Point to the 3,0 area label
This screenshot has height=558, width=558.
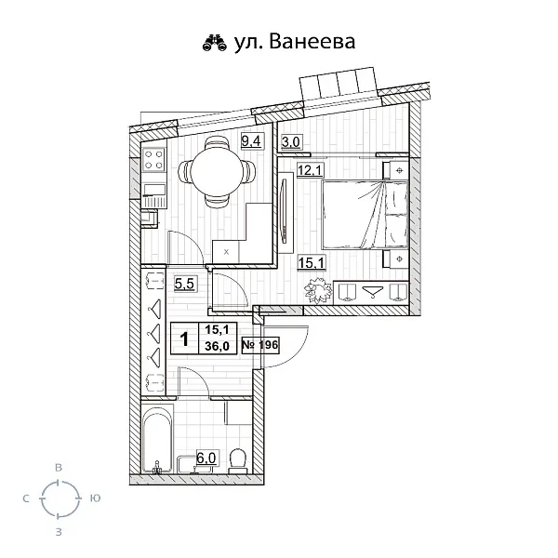click(290, 142)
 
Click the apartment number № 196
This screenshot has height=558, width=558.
click(260, 344)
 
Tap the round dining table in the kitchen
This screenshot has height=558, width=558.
click(217, 170)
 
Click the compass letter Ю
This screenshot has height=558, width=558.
click(96, 498)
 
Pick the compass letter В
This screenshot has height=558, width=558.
click(59, 465)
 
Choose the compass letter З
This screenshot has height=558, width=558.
click(59, 532)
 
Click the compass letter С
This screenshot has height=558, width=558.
click(25, 498)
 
